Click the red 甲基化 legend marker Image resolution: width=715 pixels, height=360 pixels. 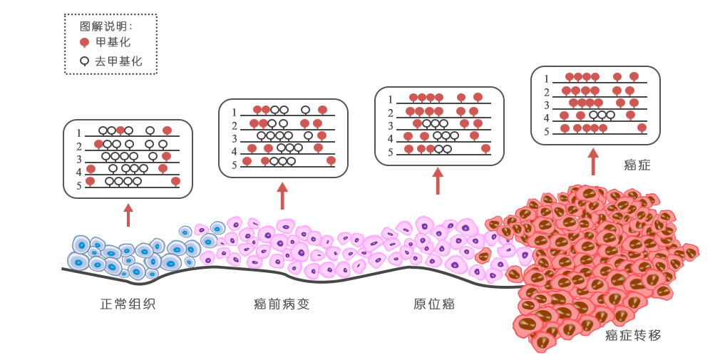coord(84,43)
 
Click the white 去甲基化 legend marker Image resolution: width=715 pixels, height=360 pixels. coord(84,61)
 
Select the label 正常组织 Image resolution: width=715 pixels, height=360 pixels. coord(128,304)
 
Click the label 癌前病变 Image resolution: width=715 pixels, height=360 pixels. coord(282,304)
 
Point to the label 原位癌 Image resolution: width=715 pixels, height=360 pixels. coord(434,304)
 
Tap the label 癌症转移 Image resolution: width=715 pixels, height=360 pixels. coord(633,335)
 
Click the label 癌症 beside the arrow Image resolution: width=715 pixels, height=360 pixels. coord(637,165)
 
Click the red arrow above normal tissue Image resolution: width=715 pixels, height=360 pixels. coord(128,215)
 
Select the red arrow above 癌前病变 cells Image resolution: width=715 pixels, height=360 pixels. coord(282,195)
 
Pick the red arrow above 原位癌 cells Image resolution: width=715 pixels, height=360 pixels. coord(438,181)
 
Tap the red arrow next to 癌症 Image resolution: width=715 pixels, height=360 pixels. coord(592,161)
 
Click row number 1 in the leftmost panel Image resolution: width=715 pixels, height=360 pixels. coord(80,133)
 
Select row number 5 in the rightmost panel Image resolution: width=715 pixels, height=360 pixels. coord(547,132)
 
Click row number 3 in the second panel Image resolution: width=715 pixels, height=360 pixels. coord(235,138)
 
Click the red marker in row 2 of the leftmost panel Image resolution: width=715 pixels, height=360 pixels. coord(98,144)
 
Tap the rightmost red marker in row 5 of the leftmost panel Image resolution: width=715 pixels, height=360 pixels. coord(175,181)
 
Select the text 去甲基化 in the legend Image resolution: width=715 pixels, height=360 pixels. coord(119,62)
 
